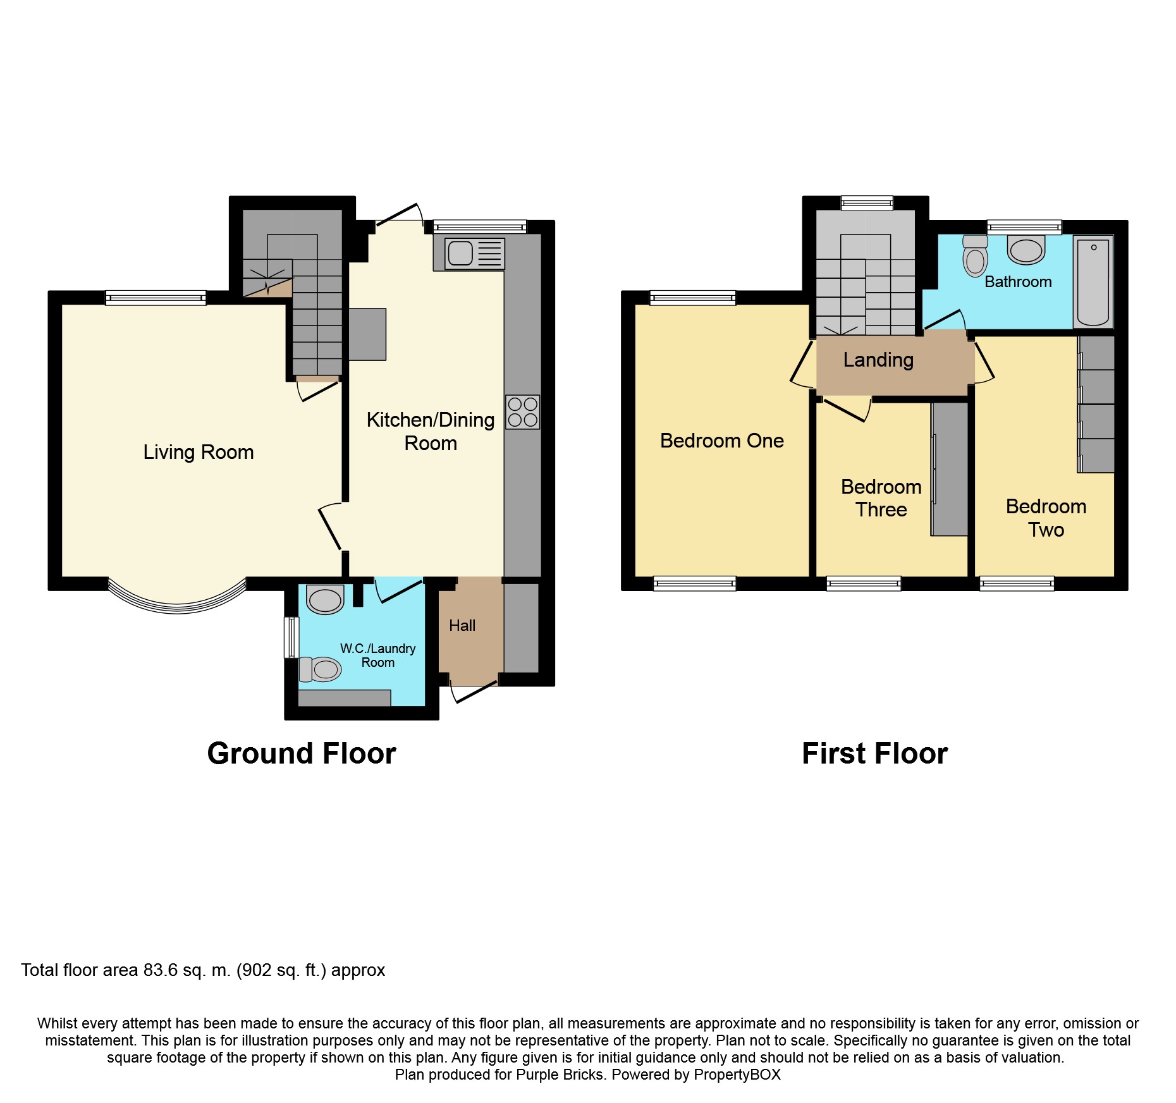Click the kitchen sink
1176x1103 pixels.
pos(474,253)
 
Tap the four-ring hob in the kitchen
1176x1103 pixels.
pos(522,412)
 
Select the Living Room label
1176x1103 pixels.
pos(199,452)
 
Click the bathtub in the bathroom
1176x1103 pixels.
pos(1093,282)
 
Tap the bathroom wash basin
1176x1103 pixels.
pos(1026,250)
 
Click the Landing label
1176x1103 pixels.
pos(878,360)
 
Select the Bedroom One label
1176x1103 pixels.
pos(722,441)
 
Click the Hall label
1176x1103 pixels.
pos(462,626)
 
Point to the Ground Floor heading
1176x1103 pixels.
pos(302,753)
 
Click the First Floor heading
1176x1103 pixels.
pos(875,753)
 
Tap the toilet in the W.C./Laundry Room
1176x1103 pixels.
pos(320,669)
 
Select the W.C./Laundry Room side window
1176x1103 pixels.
pos(291,637)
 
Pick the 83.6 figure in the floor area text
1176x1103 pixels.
pos(161,970)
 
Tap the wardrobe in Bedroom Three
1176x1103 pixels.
pos(949,469)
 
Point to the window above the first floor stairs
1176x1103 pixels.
pos(867,203)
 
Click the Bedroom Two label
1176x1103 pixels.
pos(1046,518)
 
